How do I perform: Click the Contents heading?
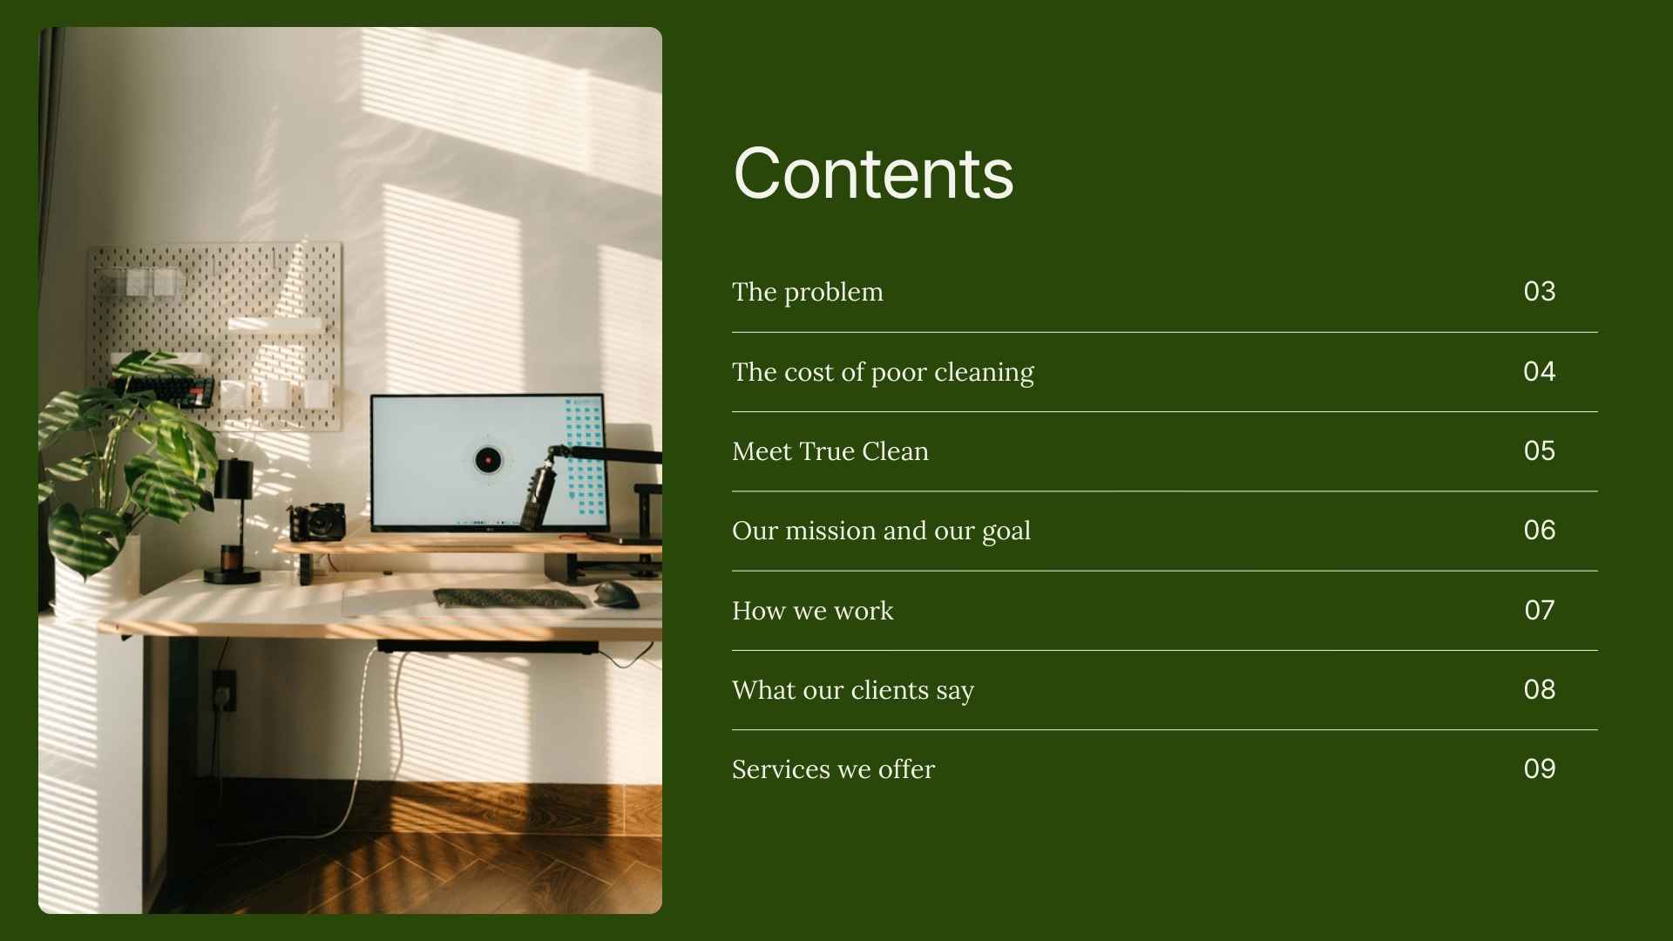pos(873,173)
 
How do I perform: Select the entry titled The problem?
pos(807,292)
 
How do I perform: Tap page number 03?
pos(1539,291)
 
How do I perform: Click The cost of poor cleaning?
pos(883,372)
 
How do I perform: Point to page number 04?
pos(1539,371)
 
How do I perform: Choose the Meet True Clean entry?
pos(830,451)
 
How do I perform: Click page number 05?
pos(1539,450)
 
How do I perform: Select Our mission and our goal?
pos(881,531)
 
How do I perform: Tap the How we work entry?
pos(812,611)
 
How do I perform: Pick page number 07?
pos(1539,610)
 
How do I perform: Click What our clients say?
pos(852,690)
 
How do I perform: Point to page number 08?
pos(1539,689)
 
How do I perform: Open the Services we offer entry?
pos(833,769)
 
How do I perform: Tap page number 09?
pos(1539,768)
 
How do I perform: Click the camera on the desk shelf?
pos(318,521)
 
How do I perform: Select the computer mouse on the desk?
pos(616,594)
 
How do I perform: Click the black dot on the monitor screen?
pos(488,459)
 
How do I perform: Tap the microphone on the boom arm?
pos(539,497)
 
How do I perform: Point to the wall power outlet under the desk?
pos(224,689)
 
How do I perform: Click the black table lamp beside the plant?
pos(233,518)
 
